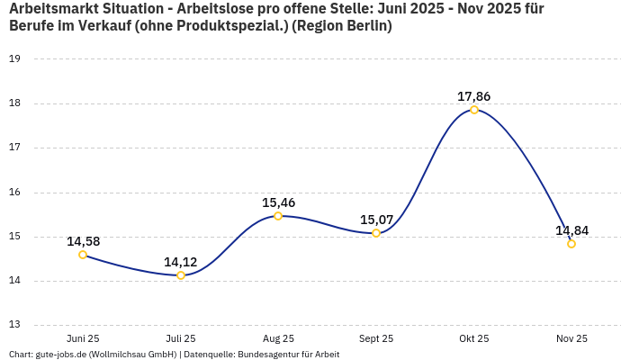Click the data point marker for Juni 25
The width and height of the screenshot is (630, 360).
pyautogui.click(x=83, y=255)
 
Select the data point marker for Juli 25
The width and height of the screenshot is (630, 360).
pyautogui.click(x=181, y=275)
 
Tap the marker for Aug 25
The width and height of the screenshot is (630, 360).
pyautogui.click(x=278, y=216)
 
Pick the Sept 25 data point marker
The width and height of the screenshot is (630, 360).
pyautogui.click(x=376, y=233)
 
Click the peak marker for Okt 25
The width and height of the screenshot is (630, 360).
pyautogui.click(x=474, y=110)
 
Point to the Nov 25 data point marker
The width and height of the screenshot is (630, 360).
pyautogui.click(x=571, y=244)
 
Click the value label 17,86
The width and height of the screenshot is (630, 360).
pyautogui.click(x=474, y=96)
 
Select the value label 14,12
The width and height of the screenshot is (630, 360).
pyautogui.click(x=181, y=262)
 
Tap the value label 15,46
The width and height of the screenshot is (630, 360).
pyautogui.click(x=278, y=202)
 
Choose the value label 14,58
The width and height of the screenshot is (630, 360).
pyautogui.click(x=83, y=241)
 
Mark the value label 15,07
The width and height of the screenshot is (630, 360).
pyautogui.click(x=376, y=220)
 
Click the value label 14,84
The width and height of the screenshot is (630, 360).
pyautogui.click(x=571, y=230)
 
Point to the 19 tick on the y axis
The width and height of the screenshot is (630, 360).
pyautogui.click(x=14, y=58)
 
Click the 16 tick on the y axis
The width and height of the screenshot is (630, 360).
pyautogui.click(x=14, y=192)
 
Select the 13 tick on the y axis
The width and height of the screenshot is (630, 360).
pyautogui.click(x=14, y=325)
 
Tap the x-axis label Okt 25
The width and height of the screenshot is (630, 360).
pyautogui.click(x=474, y=338)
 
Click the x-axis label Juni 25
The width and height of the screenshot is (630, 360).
pyautogui.click(x=83, y=338)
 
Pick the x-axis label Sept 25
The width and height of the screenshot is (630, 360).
pyautogui.click(x=376, y=338)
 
